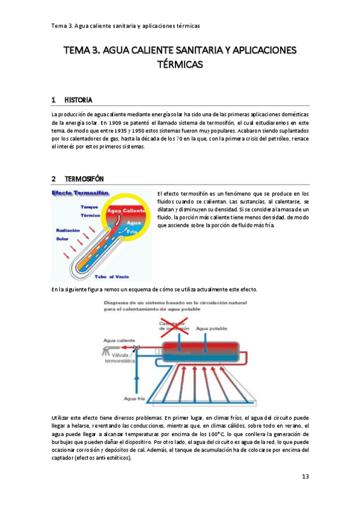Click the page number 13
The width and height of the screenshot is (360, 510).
305,477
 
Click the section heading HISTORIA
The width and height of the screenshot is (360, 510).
78,99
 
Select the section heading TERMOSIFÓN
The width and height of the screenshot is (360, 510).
84,179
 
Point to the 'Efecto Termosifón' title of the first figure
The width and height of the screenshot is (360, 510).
81,194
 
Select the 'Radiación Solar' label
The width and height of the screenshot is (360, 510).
68,234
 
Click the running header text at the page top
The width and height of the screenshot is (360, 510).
126,26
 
